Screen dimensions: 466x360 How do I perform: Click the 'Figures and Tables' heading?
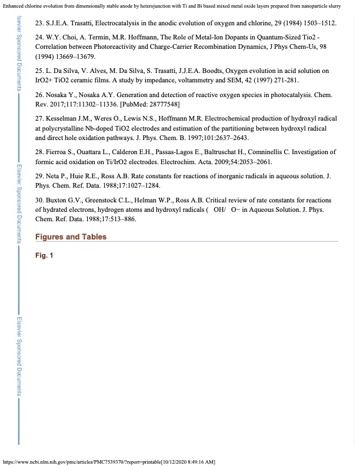(x=71, y=237)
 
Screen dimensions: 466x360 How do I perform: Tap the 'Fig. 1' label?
(x=44, y=256)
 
